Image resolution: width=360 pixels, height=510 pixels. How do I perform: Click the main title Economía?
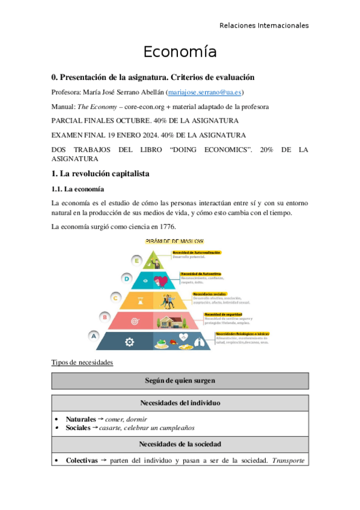tap(180, 52)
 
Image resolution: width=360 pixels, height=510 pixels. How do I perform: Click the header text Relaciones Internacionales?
tap(264, 25)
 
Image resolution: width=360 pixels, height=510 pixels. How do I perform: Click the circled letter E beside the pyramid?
tap(138, 260)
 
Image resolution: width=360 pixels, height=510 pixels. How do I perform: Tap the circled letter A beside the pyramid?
tap(94, 336)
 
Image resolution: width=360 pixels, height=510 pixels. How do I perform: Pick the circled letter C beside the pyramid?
tap(115, 296)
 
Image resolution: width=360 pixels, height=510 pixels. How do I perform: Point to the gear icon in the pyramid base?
tap(129, 342)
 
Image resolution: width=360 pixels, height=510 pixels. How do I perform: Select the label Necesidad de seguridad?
tap(223, 314)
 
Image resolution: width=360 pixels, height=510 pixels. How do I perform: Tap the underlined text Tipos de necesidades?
tap(82, 363)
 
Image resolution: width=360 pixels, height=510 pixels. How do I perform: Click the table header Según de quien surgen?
tap(180, 381)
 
